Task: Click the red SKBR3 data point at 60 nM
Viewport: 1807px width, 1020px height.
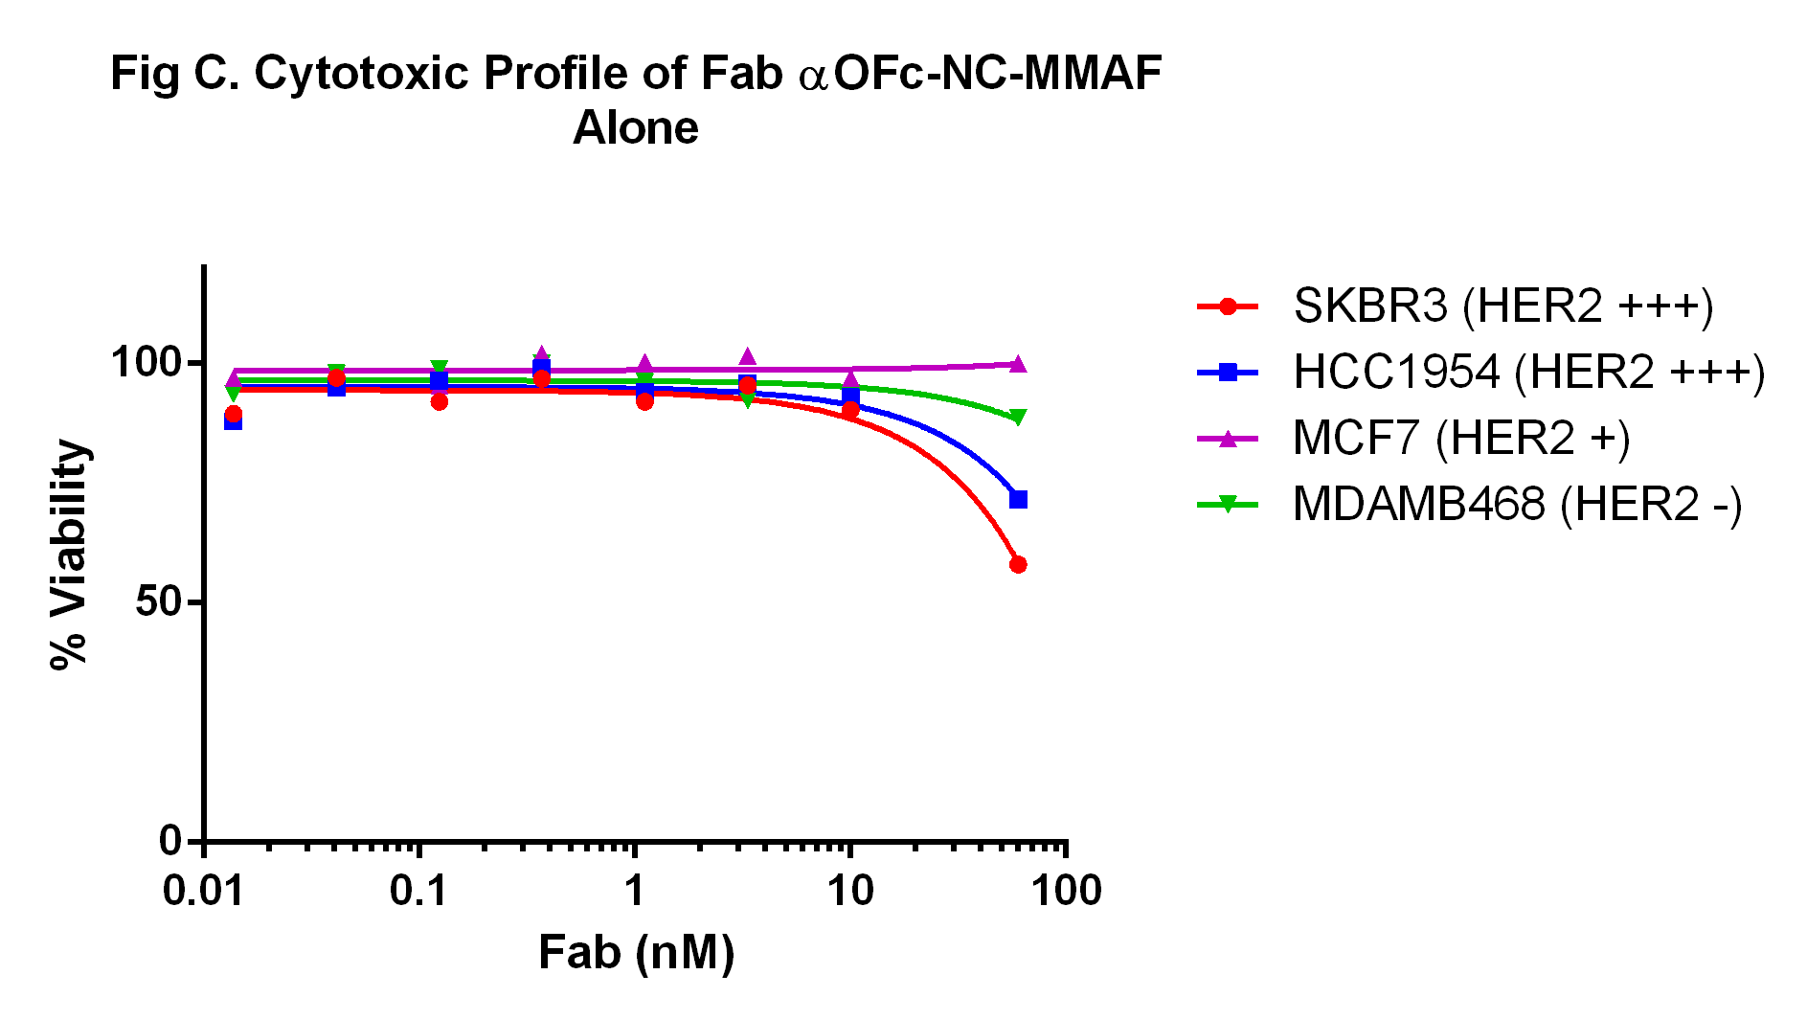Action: click(1018, 565)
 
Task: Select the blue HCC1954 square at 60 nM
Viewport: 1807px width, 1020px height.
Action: click(1018, 500)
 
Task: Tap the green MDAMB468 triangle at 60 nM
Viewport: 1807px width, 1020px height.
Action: click(1018, 418)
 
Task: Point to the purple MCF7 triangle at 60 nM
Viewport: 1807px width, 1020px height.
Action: click(1018, 364)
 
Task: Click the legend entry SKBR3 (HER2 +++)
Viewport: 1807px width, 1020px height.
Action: click(1502, 306)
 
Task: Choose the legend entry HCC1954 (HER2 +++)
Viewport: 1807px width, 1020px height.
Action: click(1528, 373)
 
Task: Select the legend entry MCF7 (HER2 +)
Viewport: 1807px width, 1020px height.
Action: click(1460, 439)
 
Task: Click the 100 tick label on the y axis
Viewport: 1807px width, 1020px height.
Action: click(146, 363)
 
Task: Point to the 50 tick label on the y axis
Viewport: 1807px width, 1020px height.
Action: click(157, 602)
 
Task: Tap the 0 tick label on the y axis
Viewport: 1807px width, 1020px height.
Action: click(169, 841)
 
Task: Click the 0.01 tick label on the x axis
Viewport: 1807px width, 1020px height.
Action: click(203, 892)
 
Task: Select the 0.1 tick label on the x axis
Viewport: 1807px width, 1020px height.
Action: click(418, 892)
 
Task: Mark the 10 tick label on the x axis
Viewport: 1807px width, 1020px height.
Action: click(849, 892)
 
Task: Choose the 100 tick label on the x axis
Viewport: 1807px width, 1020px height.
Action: click(1066, 892)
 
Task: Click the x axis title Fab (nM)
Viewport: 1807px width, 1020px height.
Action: click(636, 953)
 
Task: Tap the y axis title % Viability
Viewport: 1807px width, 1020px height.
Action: click(69, 555)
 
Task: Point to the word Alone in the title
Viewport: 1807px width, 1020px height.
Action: click(636, 128)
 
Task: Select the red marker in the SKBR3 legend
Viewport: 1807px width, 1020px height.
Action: click(1228, 306)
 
